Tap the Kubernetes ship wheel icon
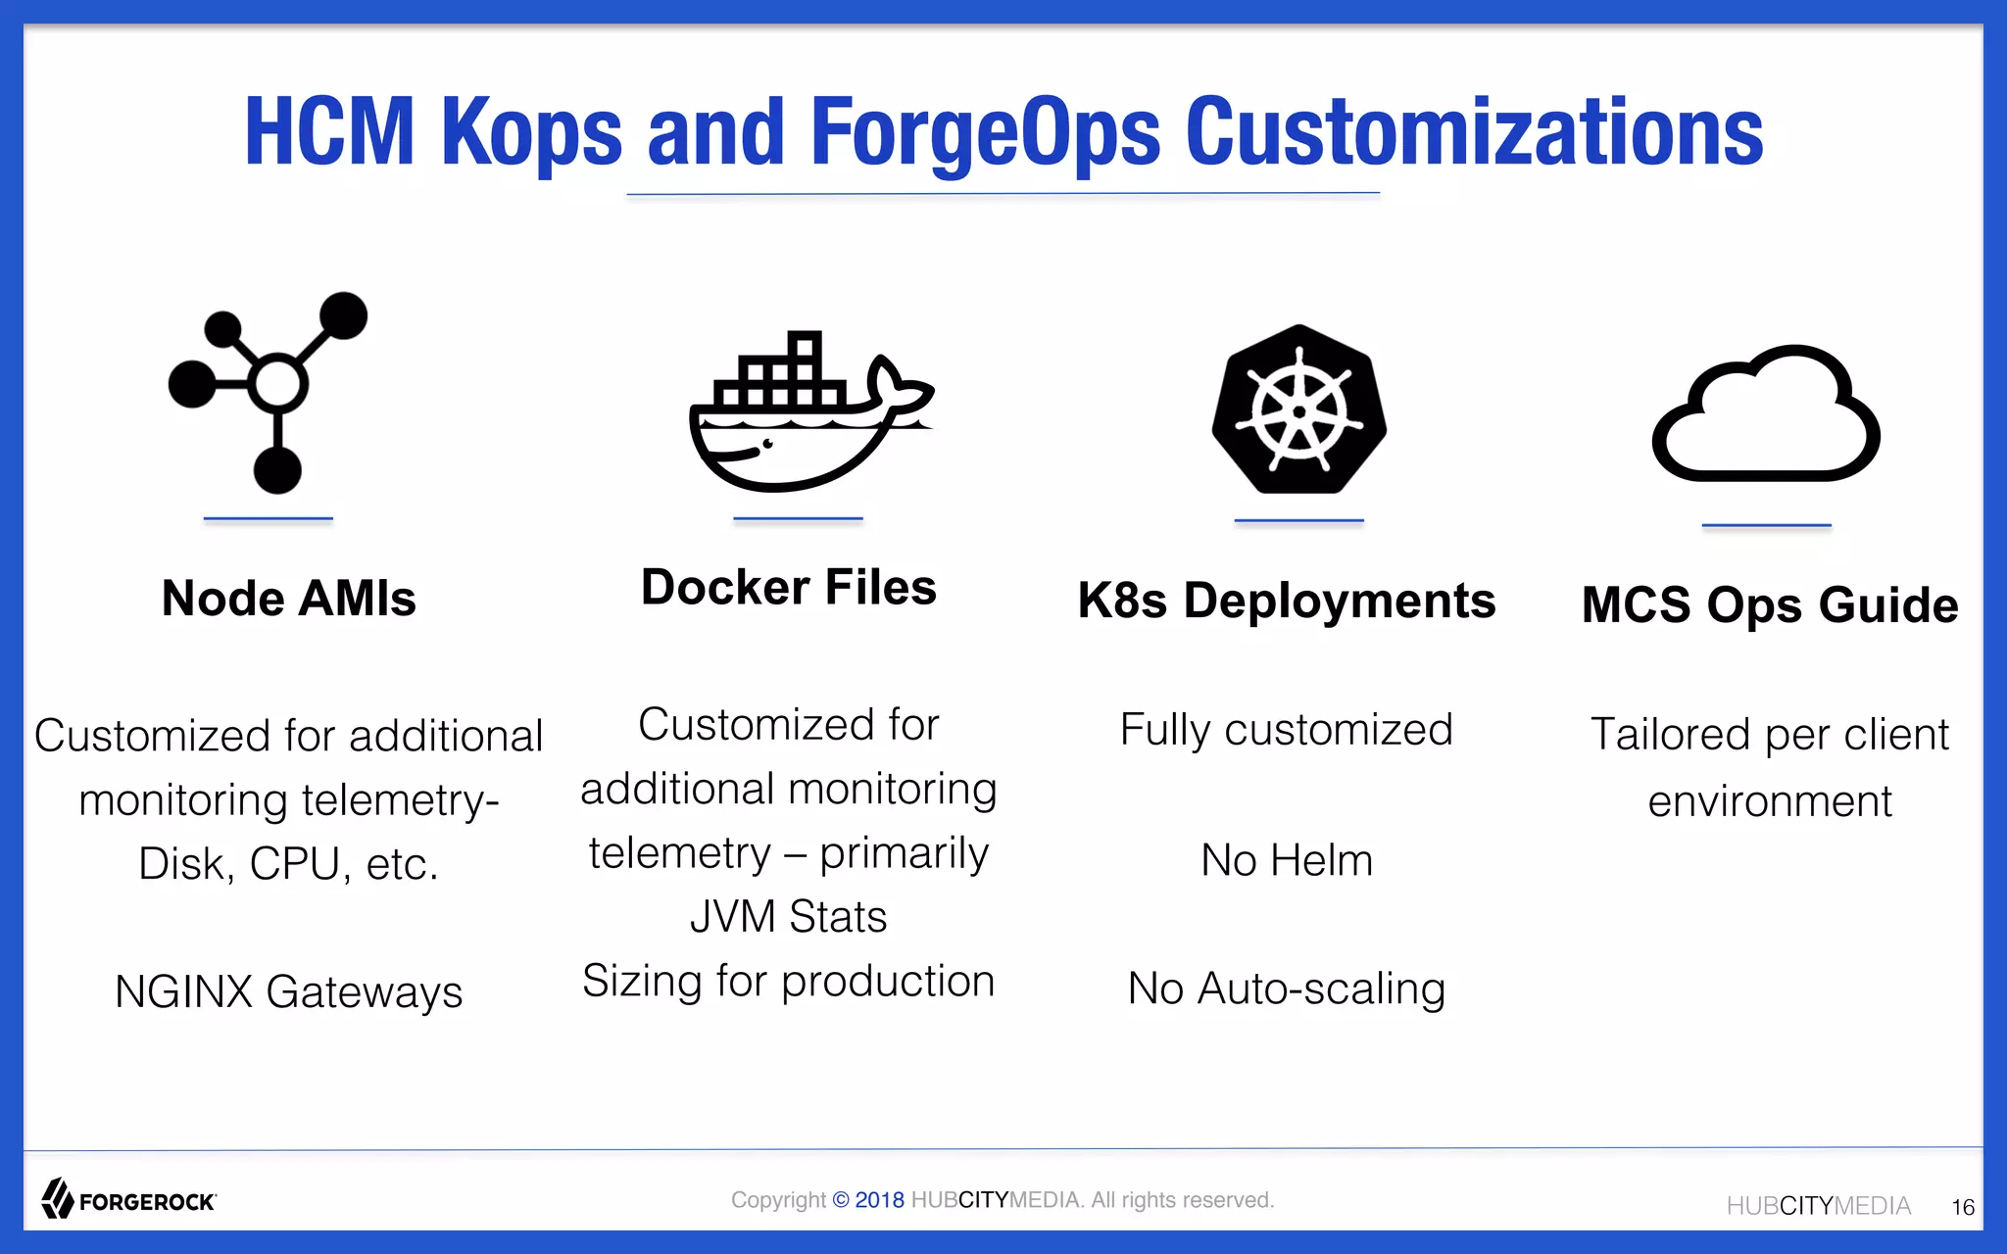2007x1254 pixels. pos(1298,410)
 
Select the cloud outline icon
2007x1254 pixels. pos(1766,416)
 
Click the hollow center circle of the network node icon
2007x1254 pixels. pos(278,383)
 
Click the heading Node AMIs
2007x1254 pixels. pos(288,598)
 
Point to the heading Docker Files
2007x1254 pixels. pos(789,588)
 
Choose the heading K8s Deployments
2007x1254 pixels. pos(1286,601)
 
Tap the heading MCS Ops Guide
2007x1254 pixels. pos(1770,604)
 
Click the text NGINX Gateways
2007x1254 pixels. pos(288,991)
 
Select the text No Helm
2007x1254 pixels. pos(1286,860)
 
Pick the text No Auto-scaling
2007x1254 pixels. pos(1286,989)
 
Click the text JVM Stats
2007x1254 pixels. pos(789,917)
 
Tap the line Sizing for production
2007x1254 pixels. pos(789,981)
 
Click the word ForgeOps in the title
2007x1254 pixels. pos(985,132)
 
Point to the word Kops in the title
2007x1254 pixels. pos(531,132)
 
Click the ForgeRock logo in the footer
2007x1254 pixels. pos(128,1199)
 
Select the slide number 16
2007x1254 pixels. pos(1962,1207)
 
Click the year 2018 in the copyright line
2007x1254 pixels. pos(879,1200)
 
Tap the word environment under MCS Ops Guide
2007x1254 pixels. pos(1769,801)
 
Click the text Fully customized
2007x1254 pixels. pos(1286,730)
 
